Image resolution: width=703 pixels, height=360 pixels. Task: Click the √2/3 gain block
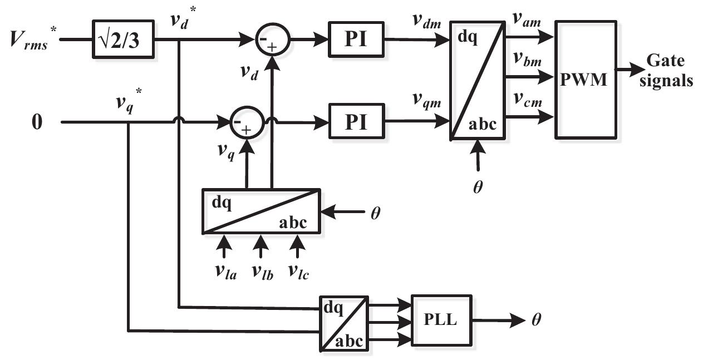pyautogui.click(x=123, y=40)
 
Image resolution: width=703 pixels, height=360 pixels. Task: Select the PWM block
pyautogui.click(x=585, y=80)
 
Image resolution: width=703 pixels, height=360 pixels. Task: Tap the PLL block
pyautogui.click(x=441, y=321)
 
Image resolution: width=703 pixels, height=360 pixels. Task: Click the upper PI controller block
pyautogui.click(x=357, y=40)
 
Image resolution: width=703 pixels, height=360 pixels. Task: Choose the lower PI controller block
pyautogui.click(x=357, y=121)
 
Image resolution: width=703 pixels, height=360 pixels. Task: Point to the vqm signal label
pyautogui.click(x=427, y=102)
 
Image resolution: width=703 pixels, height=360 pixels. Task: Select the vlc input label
pyautogui.click(x=299, y=272)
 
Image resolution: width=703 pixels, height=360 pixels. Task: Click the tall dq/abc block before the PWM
pyautogui.click(x=477, y=80)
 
